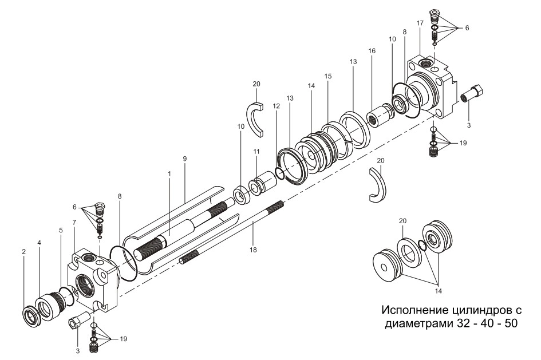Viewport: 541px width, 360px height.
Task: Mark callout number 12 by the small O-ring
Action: tap(277, 106)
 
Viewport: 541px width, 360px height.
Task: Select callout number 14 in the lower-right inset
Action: tap(439, 290)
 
